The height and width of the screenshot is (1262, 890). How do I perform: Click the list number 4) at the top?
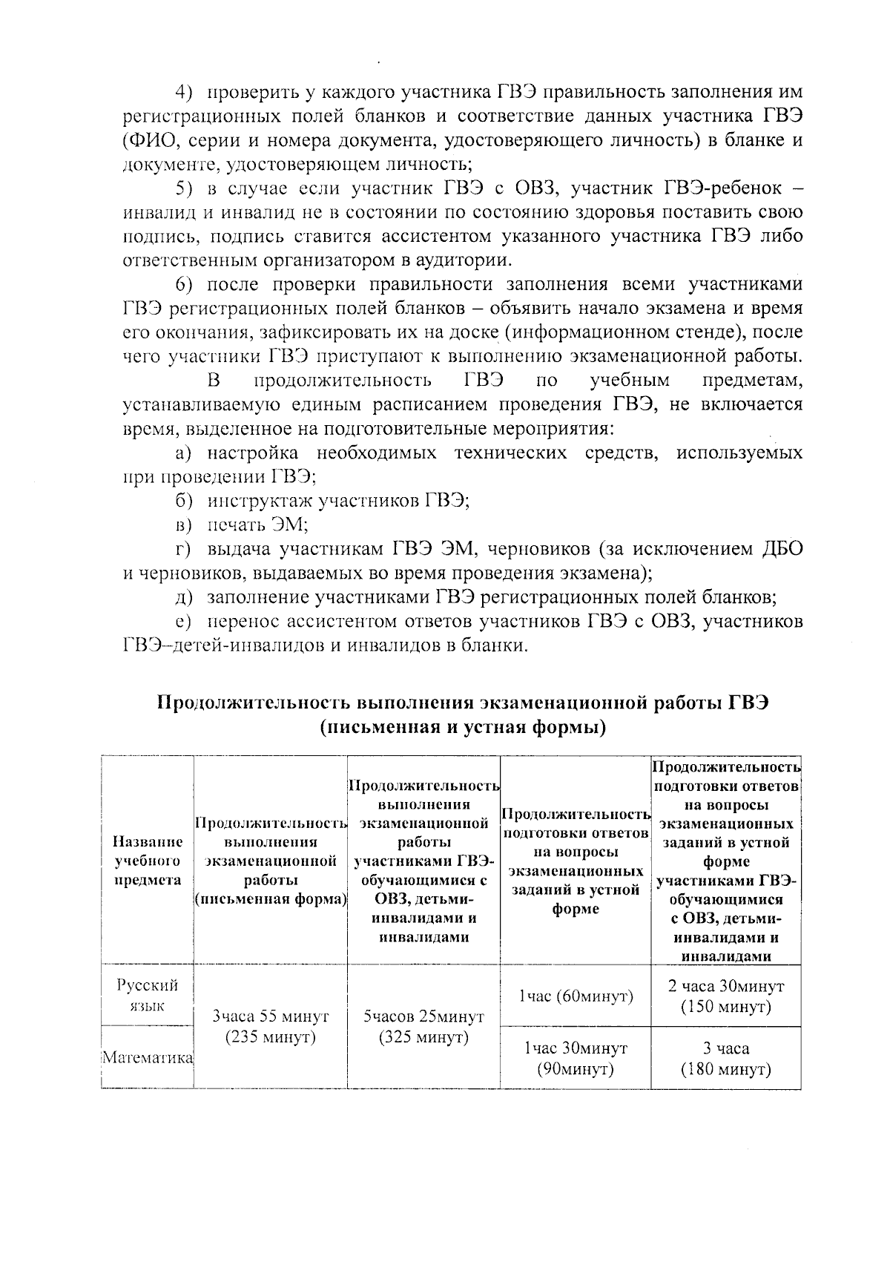click(184, 92)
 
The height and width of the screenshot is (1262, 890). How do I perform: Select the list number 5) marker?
click(183, 188)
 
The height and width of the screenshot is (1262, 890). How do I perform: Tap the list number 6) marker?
click(184, 285)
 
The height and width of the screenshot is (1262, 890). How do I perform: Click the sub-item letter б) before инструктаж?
click(183, 501)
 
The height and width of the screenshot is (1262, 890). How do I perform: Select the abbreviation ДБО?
click(782, 549)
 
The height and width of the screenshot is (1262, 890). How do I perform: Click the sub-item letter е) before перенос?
click(183, 621)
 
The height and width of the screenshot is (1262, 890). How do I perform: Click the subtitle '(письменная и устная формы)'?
click(464, 727)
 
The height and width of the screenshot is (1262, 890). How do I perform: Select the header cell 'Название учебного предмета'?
click(148, 860)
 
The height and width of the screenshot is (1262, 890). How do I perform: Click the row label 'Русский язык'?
click(148, 996)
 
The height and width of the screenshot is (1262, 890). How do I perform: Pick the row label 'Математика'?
click(148, 1057)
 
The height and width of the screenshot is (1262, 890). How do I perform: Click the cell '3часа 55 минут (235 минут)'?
click(270, 1026)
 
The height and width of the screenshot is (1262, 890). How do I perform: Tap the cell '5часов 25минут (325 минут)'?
click(423, 1026)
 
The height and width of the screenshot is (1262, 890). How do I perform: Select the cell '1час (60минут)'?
click(576, 996)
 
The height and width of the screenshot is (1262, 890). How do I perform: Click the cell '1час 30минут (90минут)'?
click(576, 1058)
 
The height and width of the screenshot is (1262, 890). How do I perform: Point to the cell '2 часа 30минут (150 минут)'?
click(725, 996)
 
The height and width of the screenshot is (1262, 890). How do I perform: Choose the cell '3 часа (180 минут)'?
click(725, 1059)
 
